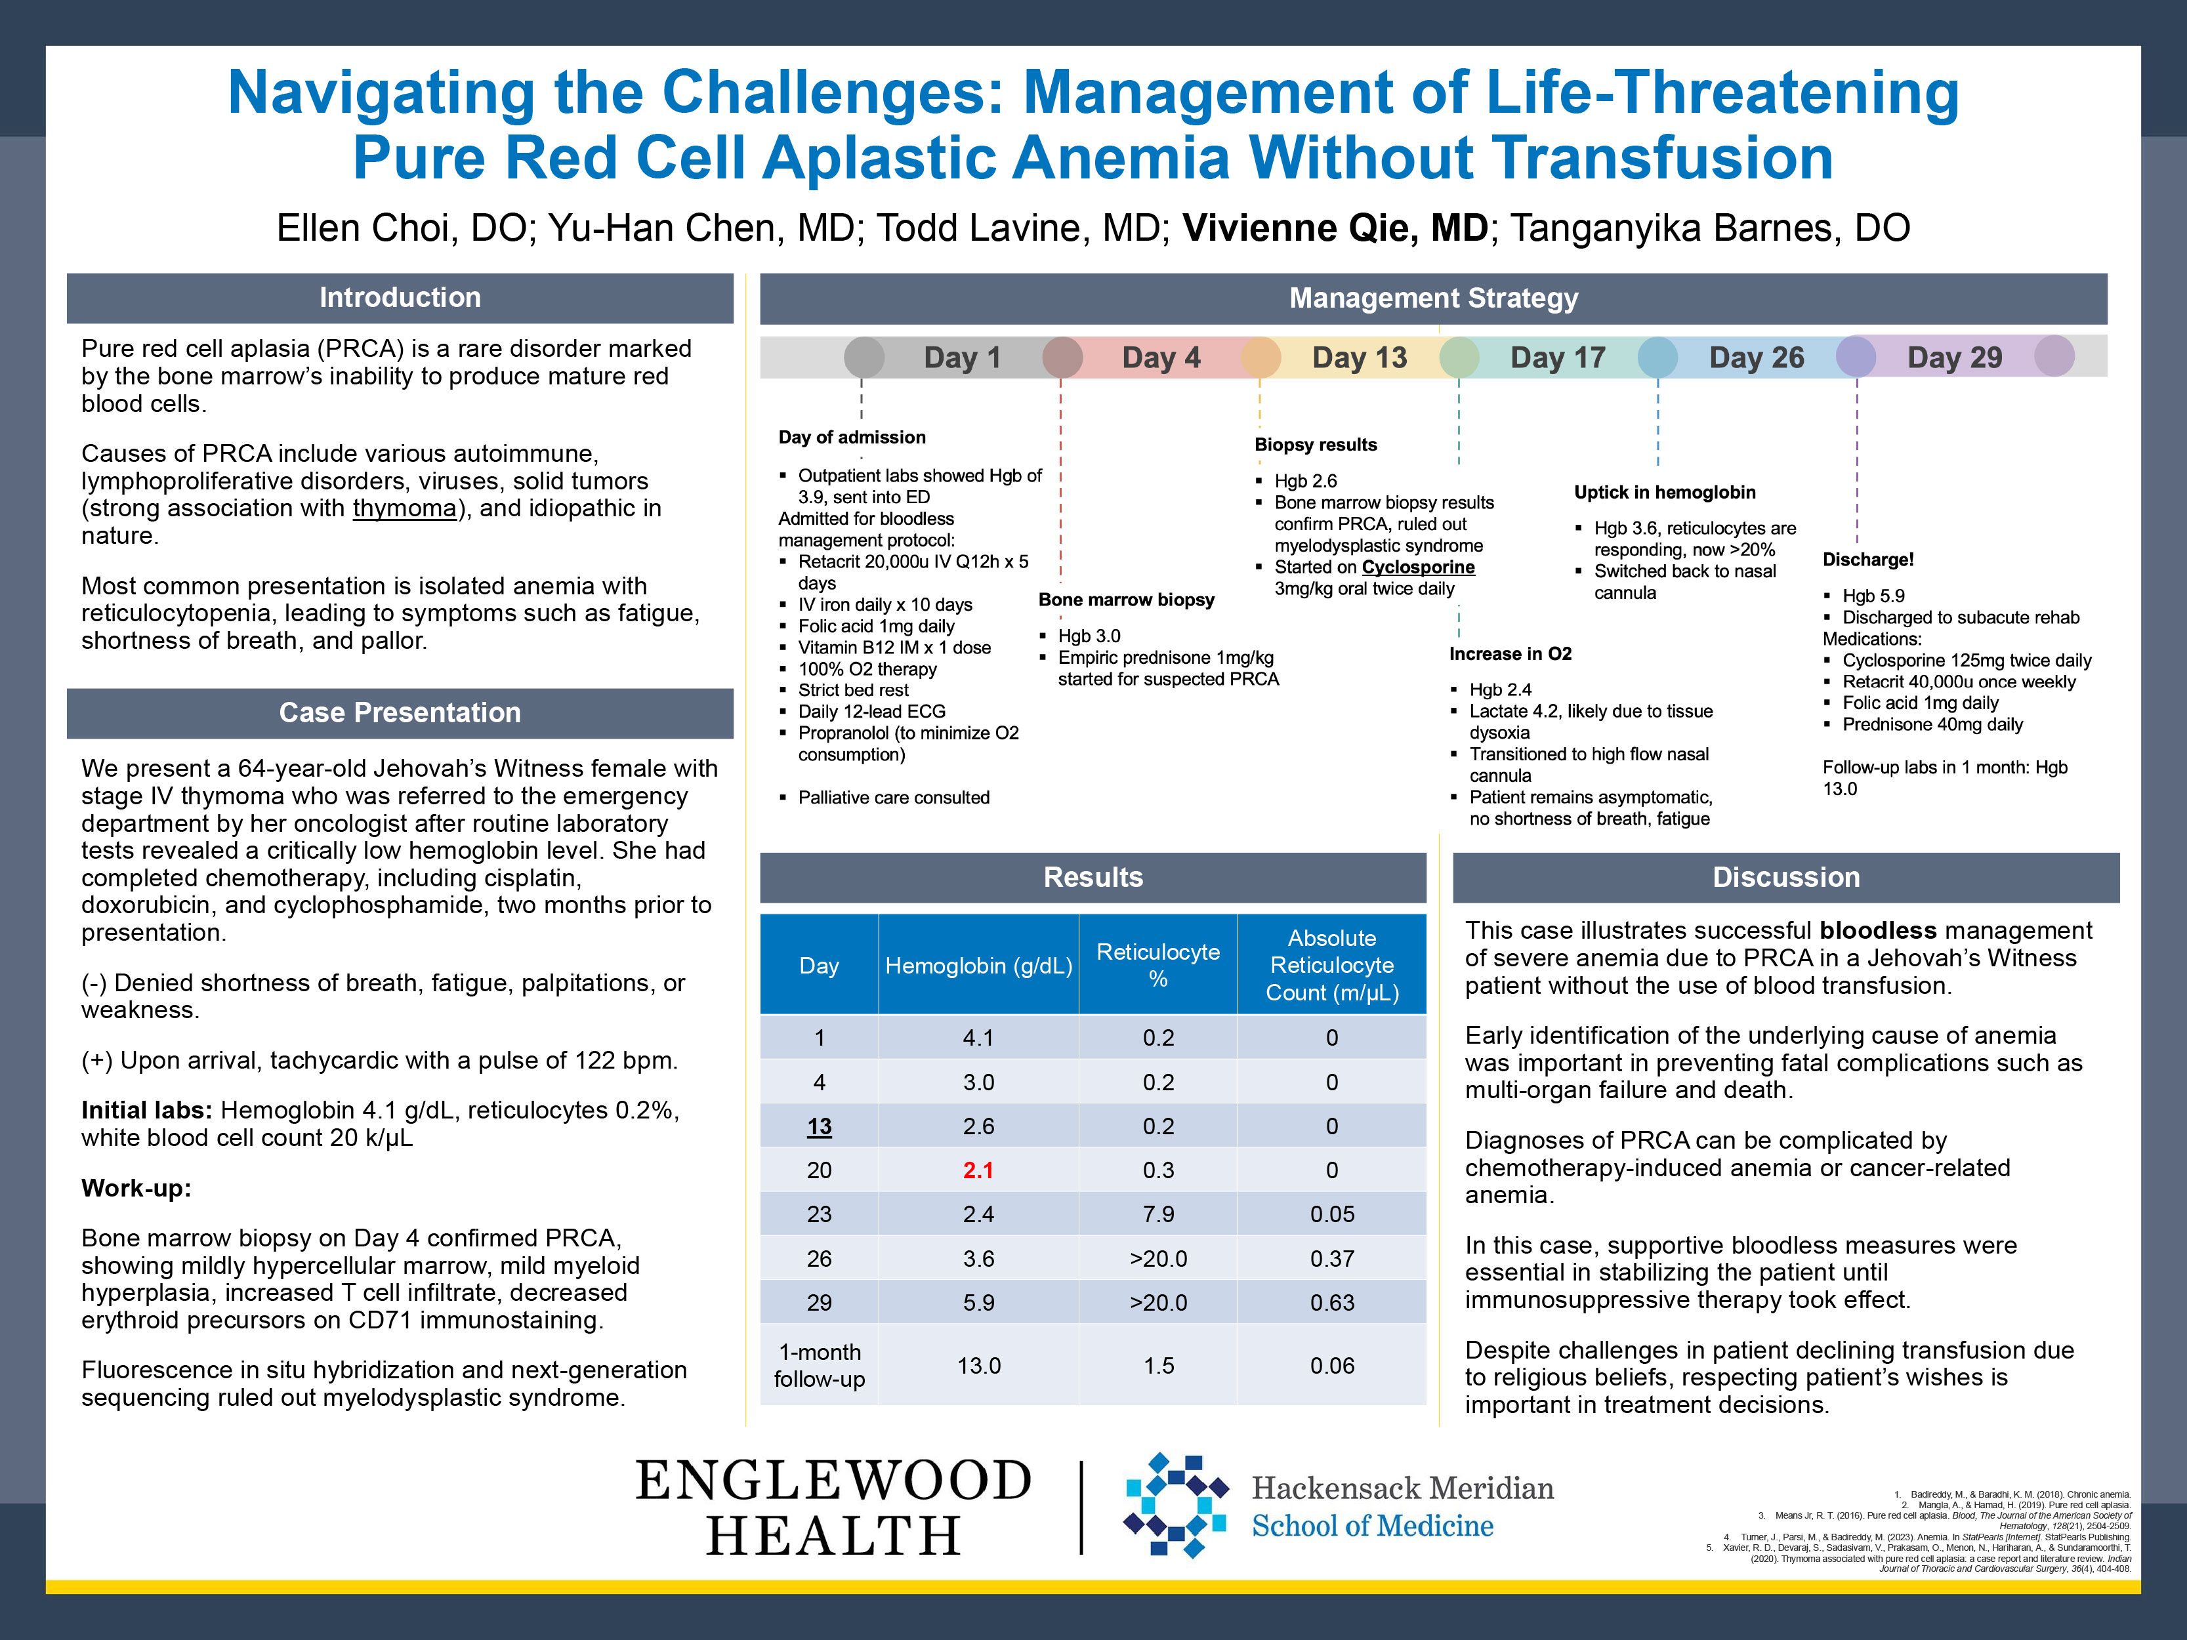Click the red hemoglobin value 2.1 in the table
[x=978, y=1170]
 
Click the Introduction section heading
[x=400, y=298]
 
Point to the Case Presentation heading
[x=400, y=712]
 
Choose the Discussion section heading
[x=1785, y=878]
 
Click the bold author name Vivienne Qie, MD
[x=1335, y=228]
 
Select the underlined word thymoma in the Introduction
[x=404, y=508]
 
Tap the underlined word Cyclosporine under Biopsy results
[x=1418, y=567]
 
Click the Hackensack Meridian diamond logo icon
[x=1177, y=1505]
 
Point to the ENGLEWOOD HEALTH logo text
[x=833, y=1507]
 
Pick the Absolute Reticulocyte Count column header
[x=1332, y=965]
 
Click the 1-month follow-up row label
[x=819, y=1365]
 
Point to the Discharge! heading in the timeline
[x=1867, y=560]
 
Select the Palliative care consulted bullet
[x=893, y=798]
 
